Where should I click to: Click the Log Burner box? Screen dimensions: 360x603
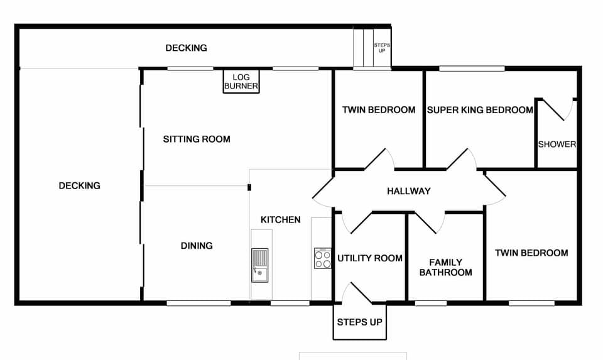click(241, 82)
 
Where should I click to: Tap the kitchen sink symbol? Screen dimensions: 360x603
click(259, 265)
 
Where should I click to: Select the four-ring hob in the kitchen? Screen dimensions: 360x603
click(323, 258)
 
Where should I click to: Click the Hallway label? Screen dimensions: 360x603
click(408, 191)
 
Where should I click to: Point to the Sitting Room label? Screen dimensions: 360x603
click(197, 139)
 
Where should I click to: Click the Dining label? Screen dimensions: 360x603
click(197, 246)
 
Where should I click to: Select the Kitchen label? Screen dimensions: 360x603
click(280, 220)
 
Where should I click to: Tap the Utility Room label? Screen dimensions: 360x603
click(370, 258)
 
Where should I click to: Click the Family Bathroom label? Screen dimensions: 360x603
click(445, 267)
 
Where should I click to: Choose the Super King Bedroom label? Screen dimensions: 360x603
click(480, 110)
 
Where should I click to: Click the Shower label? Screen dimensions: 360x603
click(557, 144)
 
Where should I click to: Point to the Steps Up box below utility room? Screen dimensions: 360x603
click(359, 322)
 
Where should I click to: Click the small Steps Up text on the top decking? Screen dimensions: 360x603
click(381, 48)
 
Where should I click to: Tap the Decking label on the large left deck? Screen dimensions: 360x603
click(79, 185)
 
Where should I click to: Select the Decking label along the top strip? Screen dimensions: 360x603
click(186, 48)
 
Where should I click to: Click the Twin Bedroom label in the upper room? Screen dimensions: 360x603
click(378, 110)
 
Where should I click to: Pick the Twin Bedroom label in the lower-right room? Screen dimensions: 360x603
click(531, 253)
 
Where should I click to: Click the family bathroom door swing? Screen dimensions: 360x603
click(429, 222)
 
